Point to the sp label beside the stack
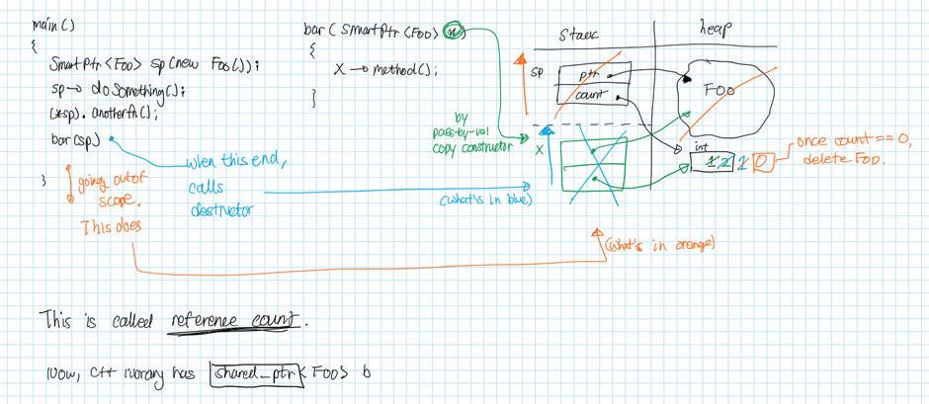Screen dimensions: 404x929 [538, 72]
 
